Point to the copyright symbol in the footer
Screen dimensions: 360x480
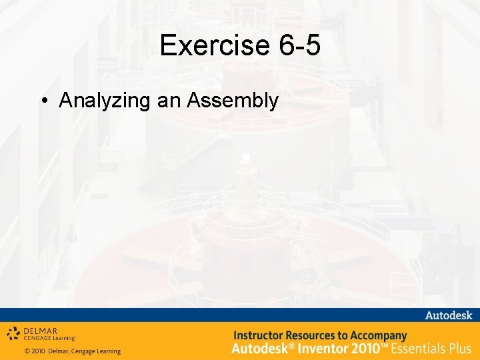27,351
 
